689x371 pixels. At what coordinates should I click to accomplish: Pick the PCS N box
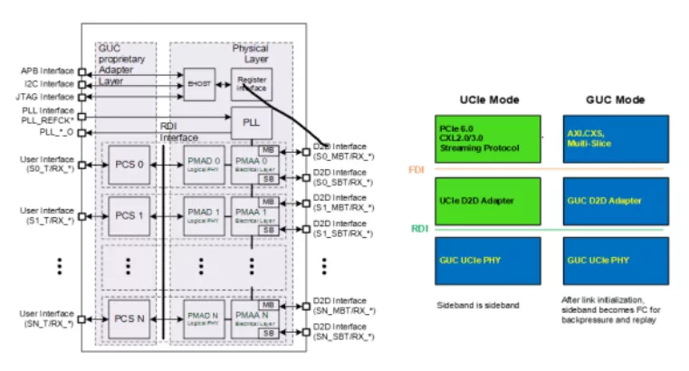pyautogui.click(x=128, y=320)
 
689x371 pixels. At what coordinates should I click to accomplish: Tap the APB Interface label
pyautogui.click(x=46, y=69)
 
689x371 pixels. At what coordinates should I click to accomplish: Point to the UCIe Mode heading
pyautogui.click(x=488, y=99)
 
